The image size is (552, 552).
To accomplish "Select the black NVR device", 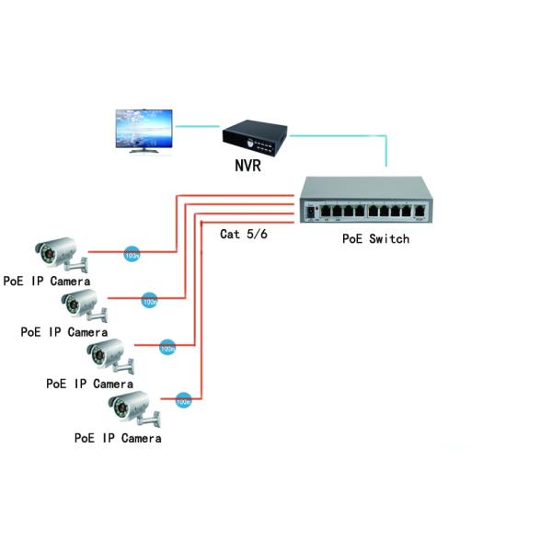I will tap(255, 138).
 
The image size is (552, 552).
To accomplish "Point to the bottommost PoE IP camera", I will tap(132, 408).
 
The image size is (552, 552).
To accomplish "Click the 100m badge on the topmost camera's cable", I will tap(132, 251).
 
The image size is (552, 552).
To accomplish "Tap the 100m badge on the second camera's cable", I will tap(148, 299).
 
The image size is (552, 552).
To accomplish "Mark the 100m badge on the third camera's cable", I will tap(167, 348).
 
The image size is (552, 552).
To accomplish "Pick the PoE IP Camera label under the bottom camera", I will tap(118, 438).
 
